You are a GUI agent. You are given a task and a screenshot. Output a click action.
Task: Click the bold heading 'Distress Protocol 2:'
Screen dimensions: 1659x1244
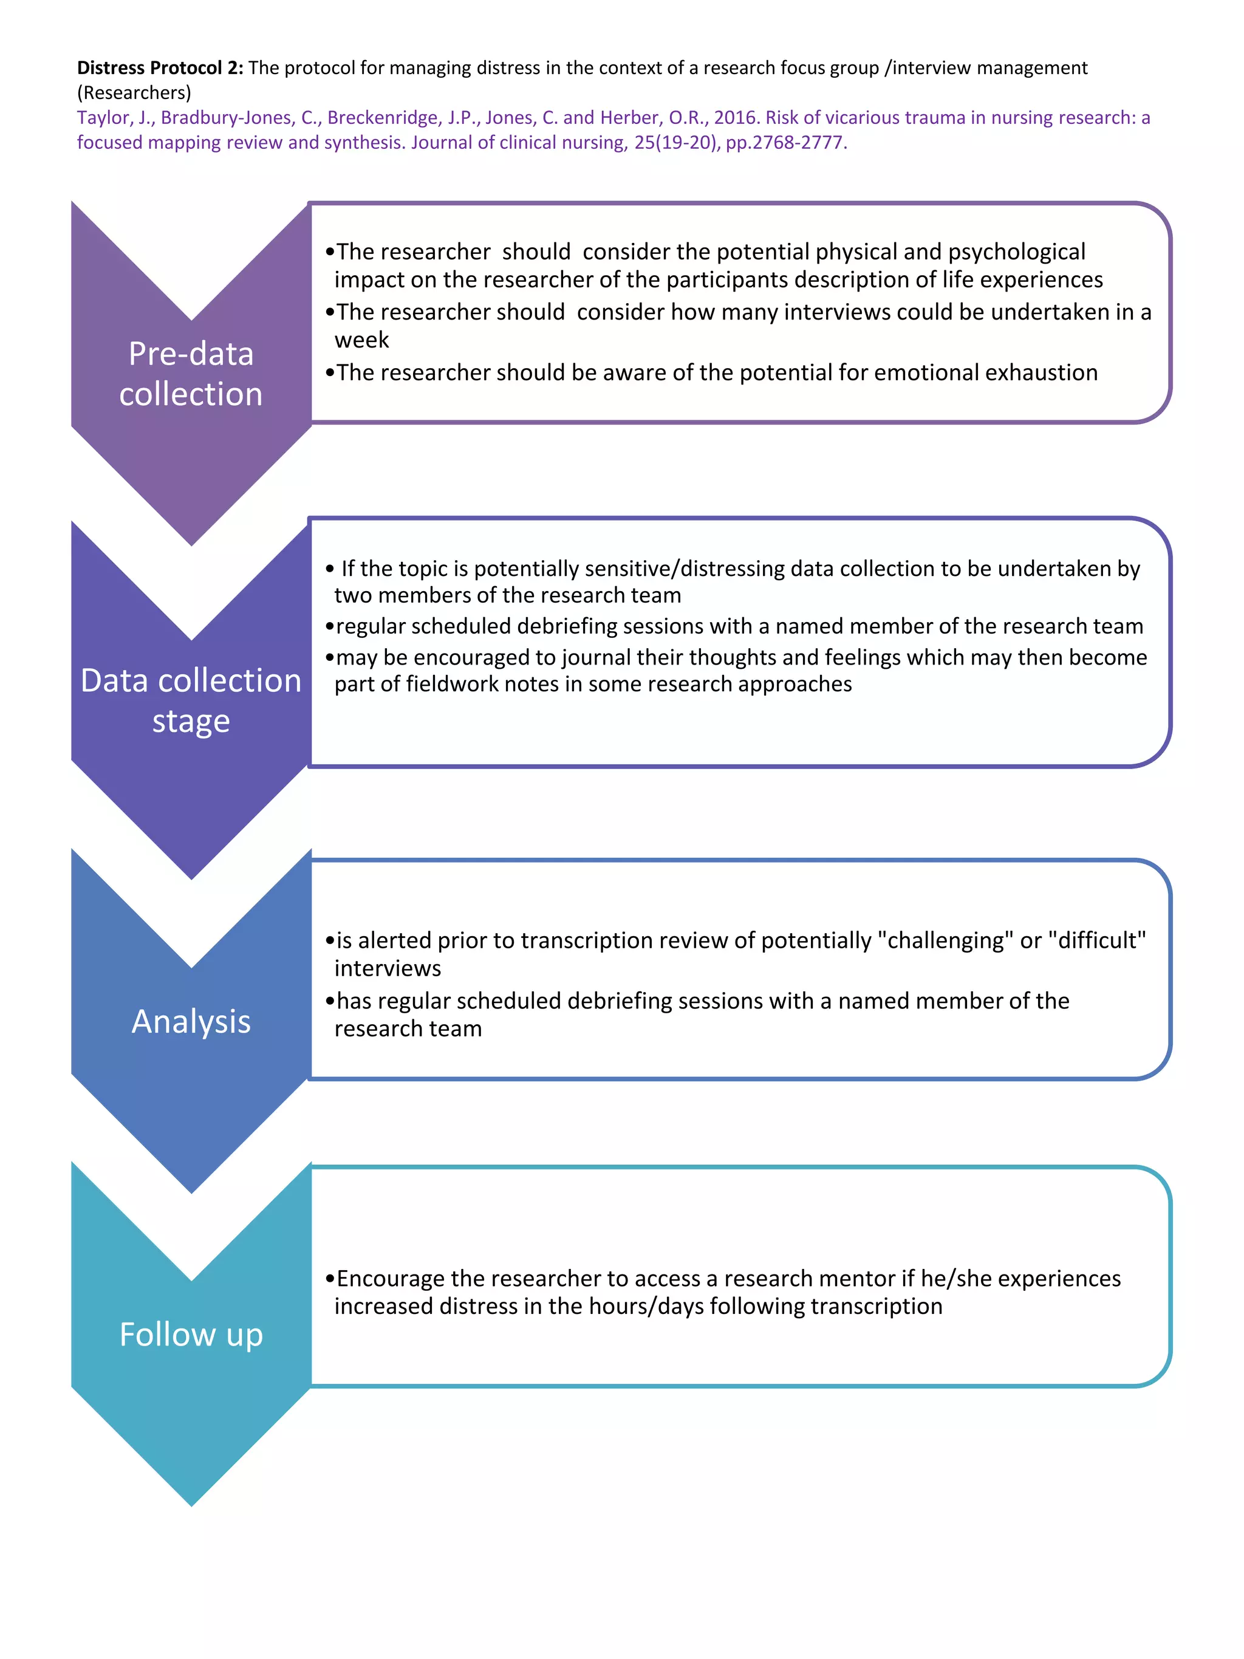160,68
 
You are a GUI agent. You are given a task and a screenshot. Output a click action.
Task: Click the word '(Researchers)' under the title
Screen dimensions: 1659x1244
134,93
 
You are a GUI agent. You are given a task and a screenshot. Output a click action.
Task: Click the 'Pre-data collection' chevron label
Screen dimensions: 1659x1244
191,374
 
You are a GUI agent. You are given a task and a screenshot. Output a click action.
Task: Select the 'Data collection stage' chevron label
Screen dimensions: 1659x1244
191,700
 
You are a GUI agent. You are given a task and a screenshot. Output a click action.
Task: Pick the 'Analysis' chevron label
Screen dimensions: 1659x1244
191,1022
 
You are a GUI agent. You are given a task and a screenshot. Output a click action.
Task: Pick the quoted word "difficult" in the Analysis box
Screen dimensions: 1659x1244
1097,940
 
